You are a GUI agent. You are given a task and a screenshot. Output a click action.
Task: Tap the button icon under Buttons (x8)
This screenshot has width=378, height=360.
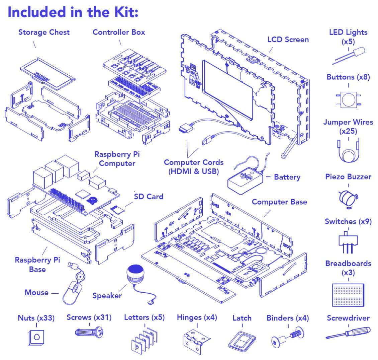coord(348,98)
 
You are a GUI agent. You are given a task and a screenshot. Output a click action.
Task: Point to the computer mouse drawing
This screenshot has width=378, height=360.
coord(74,290)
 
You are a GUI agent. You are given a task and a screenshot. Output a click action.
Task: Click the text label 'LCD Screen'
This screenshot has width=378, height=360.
coord(288,40)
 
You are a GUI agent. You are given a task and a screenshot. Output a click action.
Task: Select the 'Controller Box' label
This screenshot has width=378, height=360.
coord(119,32)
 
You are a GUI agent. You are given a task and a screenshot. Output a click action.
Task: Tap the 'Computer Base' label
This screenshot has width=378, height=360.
coord(279,202)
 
